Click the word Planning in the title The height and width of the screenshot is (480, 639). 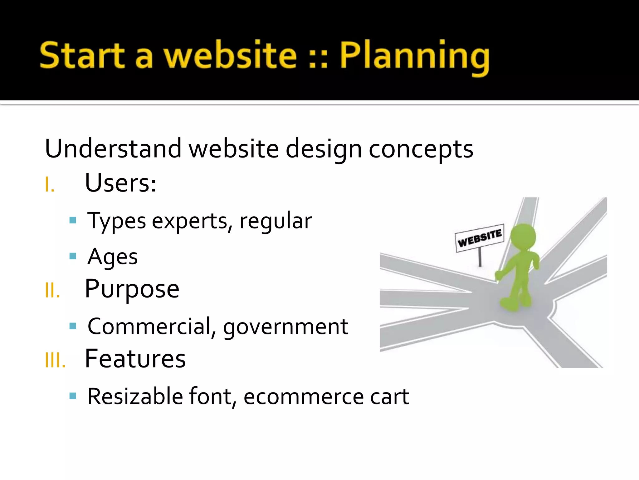coord(414,56)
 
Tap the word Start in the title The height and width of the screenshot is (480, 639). coord(82,56)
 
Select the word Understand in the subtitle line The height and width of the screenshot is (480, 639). coord(113,148)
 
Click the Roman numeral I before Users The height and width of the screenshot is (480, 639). coord(50,185)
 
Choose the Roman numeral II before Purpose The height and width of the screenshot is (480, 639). coord(52,291)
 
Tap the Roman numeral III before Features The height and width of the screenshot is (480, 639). coord(55,360)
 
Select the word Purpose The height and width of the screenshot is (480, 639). coord(132,289)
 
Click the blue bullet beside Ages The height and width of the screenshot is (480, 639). coord(73,256)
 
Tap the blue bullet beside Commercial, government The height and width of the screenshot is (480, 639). coord(73,326)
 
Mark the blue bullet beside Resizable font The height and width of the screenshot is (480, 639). coord(73,396)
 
